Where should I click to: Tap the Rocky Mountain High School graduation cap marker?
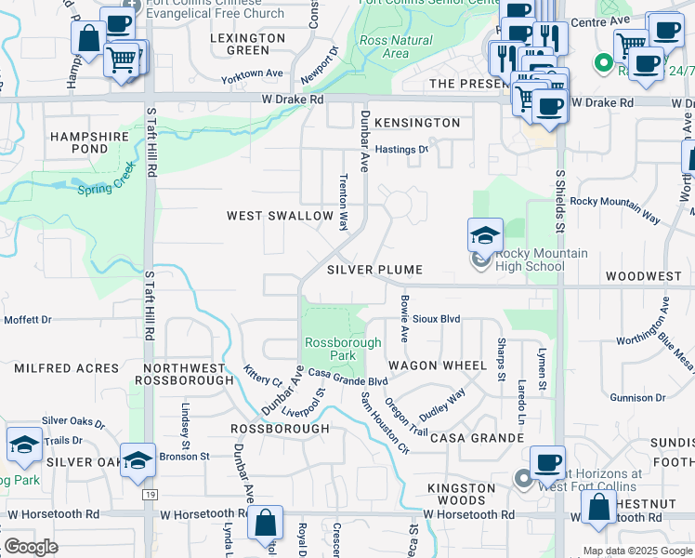[485, 237]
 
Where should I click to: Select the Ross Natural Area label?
[395, 47]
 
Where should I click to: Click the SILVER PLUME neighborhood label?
[374, 270]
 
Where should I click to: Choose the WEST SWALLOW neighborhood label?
[280, 216]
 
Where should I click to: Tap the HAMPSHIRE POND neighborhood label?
[89, 142]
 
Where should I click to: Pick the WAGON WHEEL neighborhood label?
[437, 365]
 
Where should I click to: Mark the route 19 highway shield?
[150, 495]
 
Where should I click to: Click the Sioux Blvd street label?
[437, 319]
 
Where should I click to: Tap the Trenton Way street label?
[344, 202]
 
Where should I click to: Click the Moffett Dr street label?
[28, 320]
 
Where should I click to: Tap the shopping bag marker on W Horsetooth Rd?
[266, 523]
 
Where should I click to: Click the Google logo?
[31, 547]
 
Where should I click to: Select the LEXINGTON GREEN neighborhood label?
[247, 44]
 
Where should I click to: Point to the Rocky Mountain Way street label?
[614, 209]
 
